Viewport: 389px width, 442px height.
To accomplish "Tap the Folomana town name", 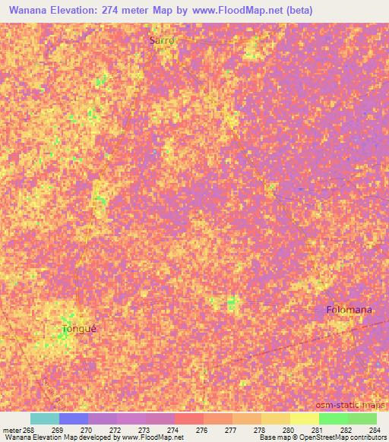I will coord(349,310).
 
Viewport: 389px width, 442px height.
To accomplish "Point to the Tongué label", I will coord(80,330).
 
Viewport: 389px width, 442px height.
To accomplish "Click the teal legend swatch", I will coord(45,418).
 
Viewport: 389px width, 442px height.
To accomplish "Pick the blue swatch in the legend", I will coord(74,418).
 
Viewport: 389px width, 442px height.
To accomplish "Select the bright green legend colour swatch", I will coord(334,418).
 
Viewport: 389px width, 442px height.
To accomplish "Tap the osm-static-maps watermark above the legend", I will coord(359,406).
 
